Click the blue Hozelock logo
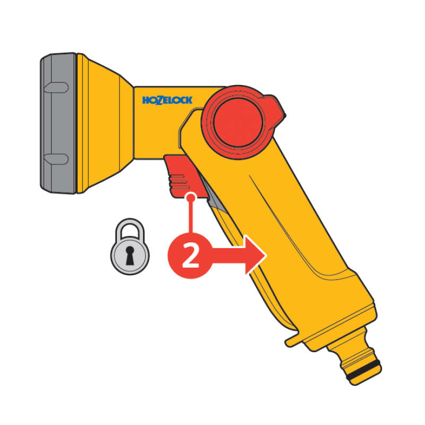point(167,100)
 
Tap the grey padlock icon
point(130,246)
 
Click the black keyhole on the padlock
point(130,256)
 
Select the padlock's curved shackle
point(130,228)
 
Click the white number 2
point(191,256)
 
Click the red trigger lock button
point(184,176)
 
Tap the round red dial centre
point(238,123)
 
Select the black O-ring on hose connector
point(363,369)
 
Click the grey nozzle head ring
point(58,123)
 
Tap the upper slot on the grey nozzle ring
point(56,88)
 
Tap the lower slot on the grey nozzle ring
point(56,159)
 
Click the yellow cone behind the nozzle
point(106,123)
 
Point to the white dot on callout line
point(191,198)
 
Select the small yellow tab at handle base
point(292,340)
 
